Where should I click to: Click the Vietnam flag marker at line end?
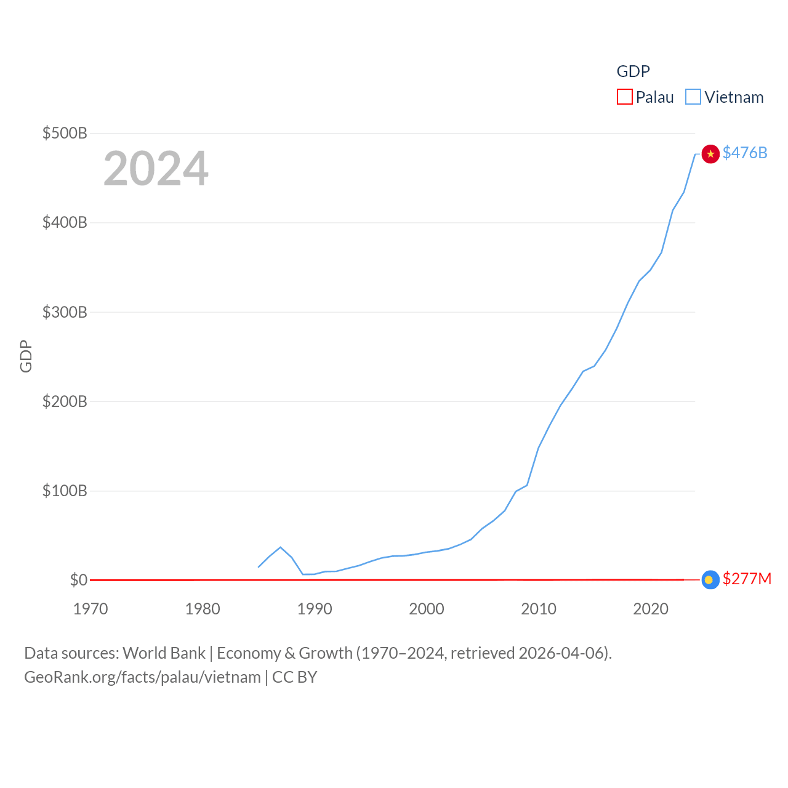tap(710, 154)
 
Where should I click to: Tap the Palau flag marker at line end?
tap(710, 580)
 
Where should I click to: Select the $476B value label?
tap(745, 153)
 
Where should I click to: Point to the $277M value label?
tap(747, 579)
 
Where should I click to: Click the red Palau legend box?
tap(625, 97)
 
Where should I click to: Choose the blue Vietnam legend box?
tap(693, 97)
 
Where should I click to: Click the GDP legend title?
tap(633, 71)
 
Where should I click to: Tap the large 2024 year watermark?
tap(156, 169)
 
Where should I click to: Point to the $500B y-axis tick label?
tap(65, 133)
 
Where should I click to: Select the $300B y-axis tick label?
tap(65, 312)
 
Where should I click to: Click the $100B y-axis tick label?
tap(65, 491)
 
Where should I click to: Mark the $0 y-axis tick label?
tap(79, 580)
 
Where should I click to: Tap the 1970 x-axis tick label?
tap(90, 609)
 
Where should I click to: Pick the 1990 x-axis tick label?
tap(315, 609)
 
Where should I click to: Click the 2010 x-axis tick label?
tap(539, 609)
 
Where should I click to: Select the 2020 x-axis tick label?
tap(651, 609)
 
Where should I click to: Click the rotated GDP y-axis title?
tap(26, 356)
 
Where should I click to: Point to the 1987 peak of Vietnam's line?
tap(281, 547)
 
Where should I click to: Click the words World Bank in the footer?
tap(164, 653)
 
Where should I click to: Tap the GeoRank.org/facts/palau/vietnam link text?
tap(142, 677)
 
